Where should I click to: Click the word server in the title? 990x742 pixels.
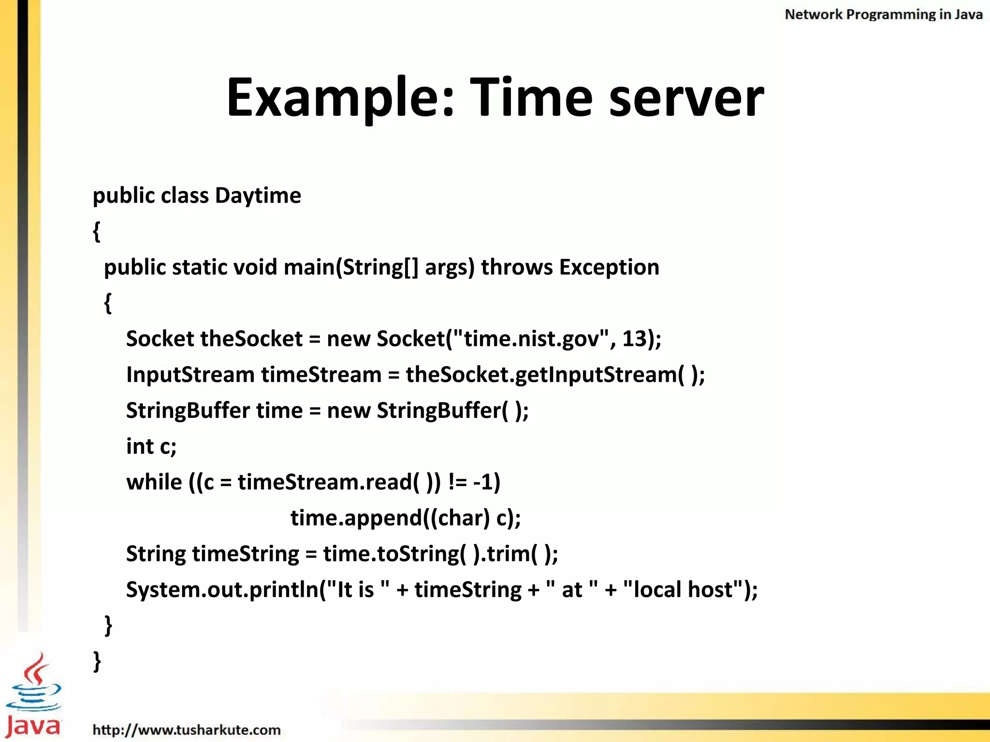coord(686,98)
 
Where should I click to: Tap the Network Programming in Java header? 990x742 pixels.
coord(883,14)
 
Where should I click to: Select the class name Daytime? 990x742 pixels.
coord(258,196)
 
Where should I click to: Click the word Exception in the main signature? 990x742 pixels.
coord(609,267)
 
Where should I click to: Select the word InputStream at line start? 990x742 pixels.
coord(190,375)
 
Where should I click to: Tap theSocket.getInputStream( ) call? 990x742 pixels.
coord(555,375)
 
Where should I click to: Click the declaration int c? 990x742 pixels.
coord(151,446)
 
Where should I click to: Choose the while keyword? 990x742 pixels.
coord(154,482)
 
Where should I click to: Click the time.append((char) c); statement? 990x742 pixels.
coord(406,518)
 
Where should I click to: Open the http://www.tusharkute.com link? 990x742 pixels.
coord(187,729)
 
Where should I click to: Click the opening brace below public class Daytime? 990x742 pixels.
coord(97,231)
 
